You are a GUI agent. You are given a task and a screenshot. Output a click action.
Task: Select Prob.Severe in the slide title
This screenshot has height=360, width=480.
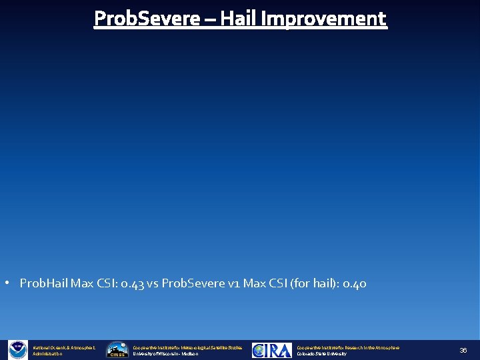tap(147, 19)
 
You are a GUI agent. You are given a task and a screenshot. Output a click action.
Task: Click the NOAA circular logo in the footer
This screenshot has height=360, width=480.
tap(17, 350)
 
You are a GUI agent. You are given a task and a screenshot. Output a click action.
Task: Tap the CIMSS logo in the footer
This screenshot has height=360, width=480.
tap(117, 350)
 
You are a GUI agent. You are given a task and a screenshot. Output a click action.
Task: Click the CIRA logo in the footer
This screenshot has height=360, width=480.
tap(271, 350)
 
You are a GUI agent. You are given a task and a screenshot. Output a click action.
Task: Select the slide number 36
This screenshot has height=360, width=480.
tap(463, 350)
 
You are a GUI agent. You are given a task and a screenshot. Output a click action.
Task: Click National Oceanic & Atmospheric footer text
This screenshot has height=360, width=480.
tap(64, 347)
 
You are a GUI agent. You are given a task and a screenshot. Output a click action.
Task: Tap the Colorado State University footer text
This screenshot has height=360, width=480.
tap(321, 354)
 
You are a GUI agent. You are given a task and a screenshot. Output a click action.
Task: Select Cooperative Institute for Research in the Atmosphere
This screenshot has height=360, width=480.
tap(348, 347)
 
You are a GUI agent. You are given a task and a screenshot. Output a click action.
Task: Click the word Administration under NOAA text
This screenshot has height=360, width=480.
tap(48, 354)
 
